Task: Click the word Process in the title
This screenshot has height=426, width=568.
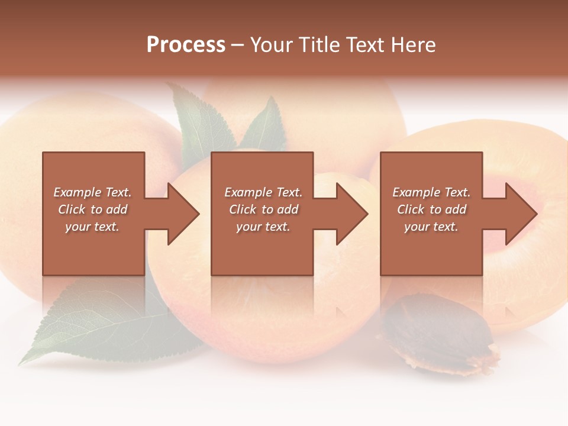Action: pos(186,45)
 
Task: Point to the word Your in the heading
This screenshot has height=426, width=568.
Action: pos(272,45)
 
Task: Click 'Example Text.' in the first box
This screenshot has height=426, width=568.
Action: pos(92,192)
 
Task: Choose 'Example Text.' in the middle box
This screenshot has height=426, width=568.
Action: pos(263,192)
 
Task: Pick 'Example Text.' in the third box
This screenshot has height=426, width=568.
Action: pos(431,192)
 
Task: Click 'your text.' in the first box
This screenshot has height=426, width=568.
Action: pos(92,227)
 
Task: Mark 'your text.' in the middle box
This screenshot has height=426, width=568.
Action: pos(263,227)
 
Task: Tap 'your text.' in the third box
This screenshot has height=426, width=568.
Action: pos(431,227)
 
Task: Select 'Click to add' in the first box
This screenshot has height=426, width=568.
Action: pos(92,209)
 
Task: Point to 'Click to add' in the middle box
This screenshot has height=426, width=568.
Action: pos(263,209)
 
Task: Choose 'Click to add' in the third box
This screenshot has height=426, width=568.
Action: pos(431,209)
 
